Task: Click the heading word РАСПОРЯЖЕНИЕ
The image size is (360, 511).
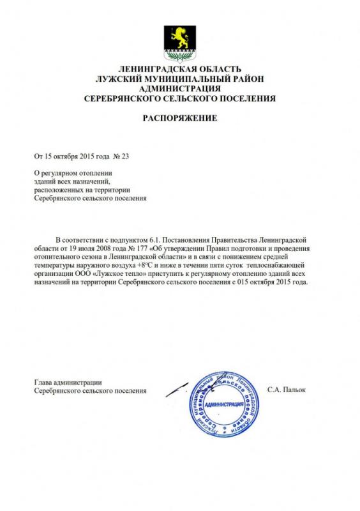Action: click(180, 119)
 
